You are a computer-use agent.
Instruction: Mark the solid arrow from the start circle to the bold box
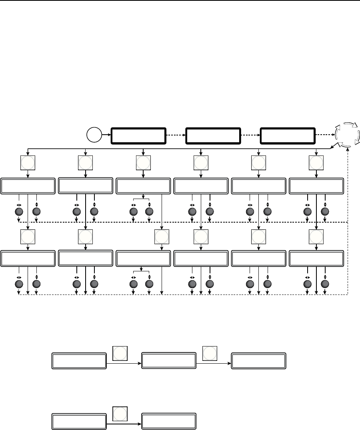tap(106, 135)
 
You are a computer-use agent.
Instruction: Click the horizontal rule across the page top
tap(180, 1)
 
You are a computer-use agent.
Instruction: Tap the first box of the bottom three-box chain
tap(79, 360)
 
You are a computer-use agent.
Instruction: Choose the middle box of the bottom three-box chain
tap(169, 360)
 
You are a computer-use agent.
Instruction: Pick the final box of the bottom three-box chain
tap(259, 360)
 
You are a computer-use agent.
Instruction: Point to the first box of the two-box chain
tap(79, 421)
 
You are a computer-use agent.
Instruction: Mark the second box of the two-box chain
tap(169, 421)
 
